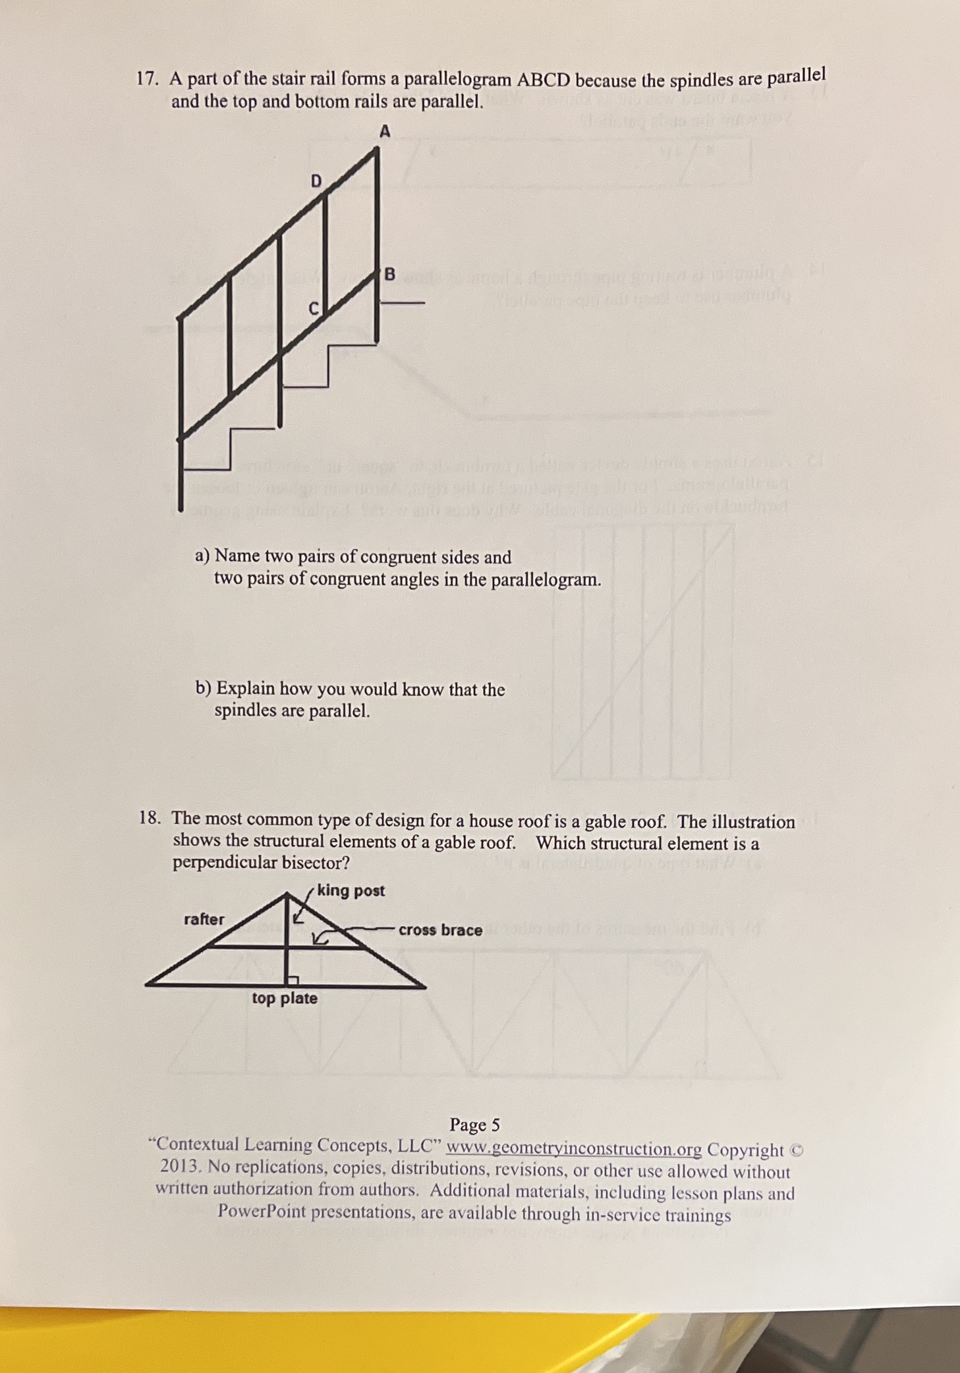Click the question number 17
tap(147, 79)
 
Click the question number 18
tap(150, 819)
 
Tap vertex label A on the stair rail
tap(385, 131)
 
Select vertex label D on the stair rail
tap(316, 181)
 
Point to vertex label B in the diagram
tap(389, 274)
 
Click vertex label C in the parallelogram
tap(314, 308)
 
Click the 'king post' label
tap(351, 891)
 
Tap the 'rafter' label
tap(204, 919)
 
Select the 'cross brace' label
tap(440, 930)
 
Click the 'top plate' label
tap(284, 998)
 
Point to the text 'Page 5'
tap(474, 1124)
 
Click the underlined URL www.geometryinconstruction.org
tap(573, 1148)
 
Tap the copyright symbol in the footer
tap(797, 1150)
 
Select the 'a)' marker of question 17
tap(202, 556)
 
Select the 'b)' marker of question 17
tap(203, 688)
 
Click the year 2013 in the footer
tap(180, 1166)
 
